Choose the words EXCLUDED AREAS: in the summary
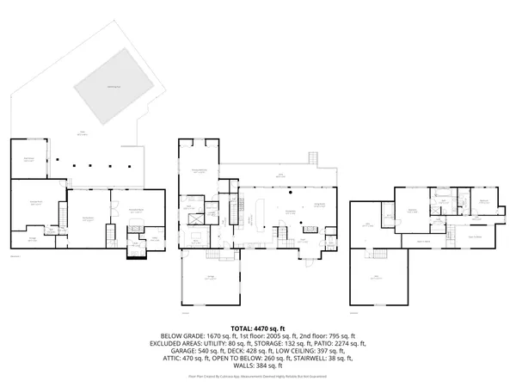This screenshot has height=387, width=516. pos(181,342)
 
